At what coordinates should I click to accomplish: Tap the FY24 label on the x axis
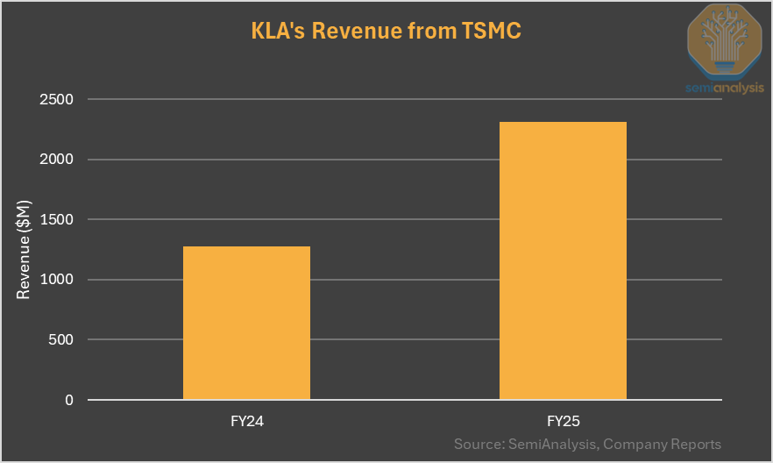coord(246,421)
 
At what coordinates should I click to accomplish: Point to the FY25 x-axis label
coord(563,421)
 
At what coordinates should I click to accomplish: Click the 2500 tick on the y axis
coord(56,99)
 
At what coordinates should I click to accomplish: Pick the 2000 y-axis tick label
coord(56,160)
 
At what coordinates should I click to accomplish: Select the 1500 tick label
coord(56,219)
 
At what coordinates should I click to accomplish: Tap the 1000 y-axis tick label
coord(56,280)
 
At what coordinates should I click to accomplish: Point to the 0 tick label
coord(68,400)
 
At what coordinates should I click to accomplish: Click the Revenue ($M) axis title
coord(24,249)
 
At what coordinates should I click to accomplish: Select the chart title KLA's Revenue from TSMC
coord(386,32)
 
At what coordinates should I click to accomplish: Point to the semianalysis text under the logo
coord(724,88)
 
